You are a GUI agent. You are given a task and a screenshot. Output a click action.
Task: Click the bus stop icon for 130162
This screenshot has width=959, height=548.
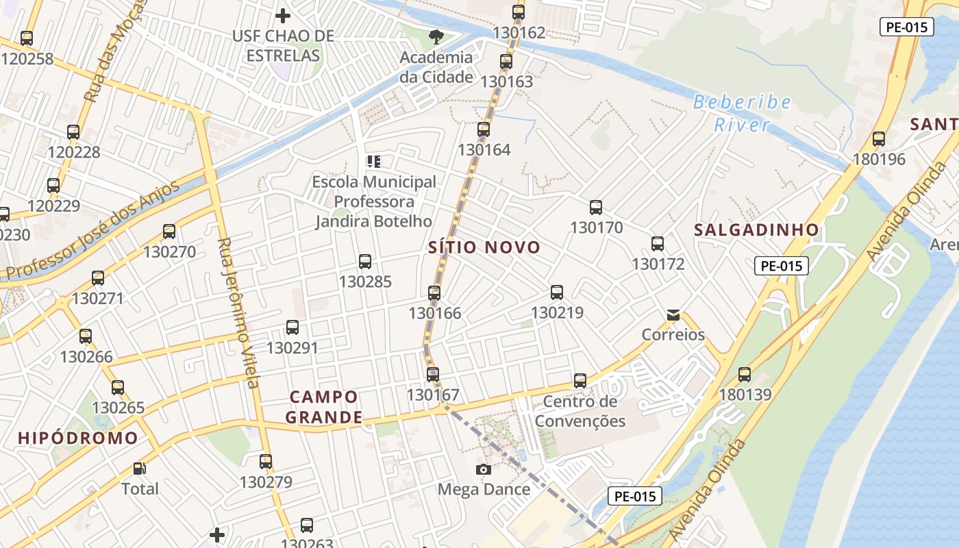pyautogui.click(x=519, y=12)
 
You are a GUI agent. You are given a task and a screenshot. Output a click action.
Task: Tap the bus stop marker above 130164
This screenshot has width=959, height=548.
pyautogui.click(x=484, y=129)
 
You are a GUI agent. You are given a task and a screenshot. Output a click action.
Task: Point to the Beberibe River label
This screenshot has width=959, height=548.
pyautogui.click(x=742, y=114)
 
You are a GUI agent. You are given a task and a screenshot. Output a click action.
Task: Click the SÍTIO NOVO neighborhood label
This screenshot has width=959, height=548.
pyautogui.click(x=484, y=247)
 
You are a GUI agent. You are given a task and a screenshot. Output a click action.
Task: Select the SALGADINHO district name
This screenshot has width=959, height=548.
pyautogui.click(x=756, y=229)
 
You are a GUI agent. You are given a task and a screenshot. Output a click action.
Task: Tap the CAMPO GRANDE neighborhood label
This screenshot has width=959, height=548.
pyautogui.click(x=324, y=407)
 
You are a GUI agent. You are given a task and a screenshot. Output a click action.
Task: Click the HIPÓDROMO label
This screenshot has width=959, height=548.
pyautogui.click(x=78, y=438)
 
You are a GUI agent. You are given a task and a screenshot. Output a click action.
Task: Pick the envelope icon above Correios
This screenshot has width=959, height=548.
pyautogui.click(x=673, y=315)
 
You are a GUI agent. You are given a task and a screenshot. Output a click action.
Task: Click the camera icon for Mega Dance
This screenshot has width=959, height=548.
pyautogui.click(x=484, y=469)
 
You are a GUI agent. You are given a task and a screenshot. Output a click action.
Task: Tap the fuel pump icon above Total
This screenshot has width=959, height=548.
pyautogui.click(x=140, y=469)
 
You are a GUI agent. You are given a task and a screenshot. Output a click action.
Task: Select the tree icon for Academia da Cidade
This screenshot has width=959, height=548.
pyautogui.click(x=436, y=36)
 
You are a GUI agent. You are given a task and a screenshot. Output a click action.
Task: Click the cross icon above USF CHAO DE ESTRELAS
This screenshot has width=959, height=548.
pyautogui.click(x=283, y=15)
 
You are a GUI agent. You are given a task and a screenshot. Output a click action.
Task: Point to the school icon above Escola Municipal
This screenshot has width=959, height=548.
pyautogui.click(x=373, y=162)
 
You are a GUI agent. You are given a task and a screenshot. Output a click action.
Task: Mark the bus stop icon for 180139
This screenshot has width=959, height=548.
pyautogui.click(x=745, y=375)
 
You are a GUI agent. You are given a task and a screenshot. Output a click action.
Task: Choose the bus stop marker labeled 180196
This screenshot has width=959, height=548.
pyautogui.click(x=879, y=139)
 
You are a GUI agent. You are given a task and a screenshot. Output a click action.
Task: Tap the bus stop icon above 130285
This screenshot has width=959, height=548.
pyautogui.click(x=365, y=261)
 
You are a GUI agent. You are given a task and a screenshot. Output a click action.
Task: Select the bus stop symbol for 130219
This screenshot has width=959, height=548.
pyautogui.click(x=557, y=292)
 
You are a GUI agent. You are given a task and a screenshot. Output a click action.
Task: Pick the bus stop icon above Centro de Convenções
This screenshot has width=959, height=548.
pyautogui.click(x=580, y=381)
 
